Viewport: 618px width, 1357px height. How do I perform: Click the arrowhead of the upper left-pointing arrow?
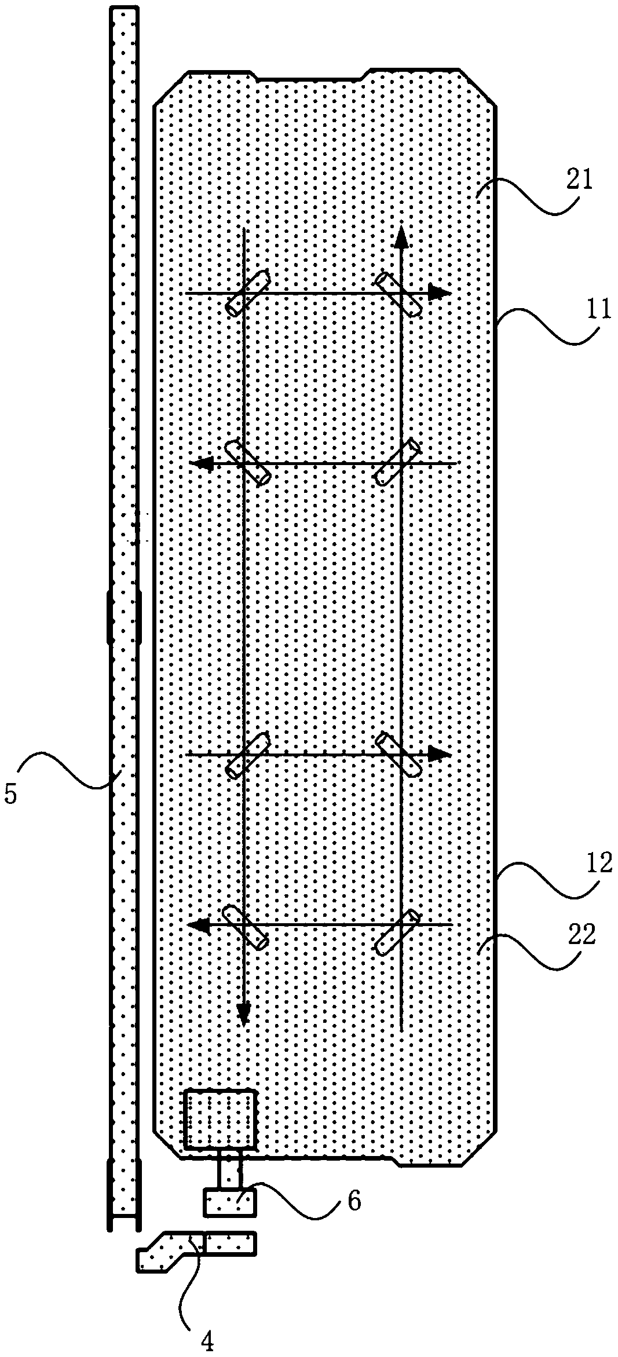[x=199, y=463]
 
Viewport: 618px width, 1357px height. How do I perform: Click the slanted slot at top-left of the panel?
[x=248, y=293]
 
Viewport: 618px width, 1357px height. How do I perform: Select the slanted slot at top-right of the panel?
[x=398, y=294]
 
